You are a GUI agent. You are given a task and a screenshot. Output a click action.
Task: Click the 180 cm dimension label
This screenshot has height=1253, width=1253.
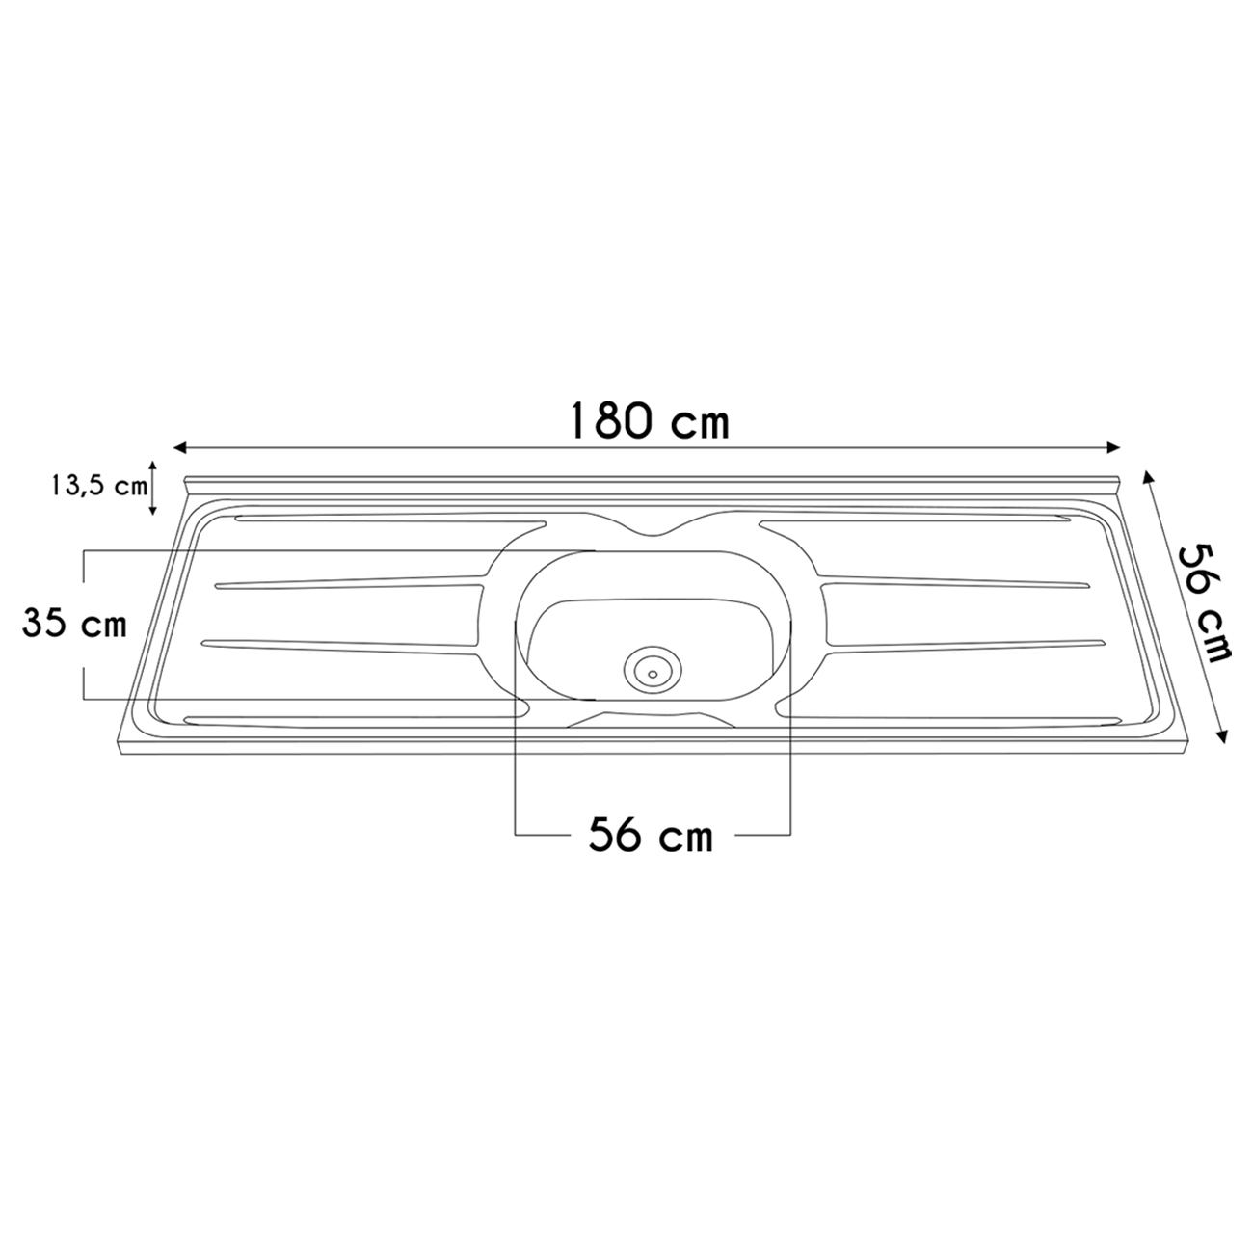click(649, 420)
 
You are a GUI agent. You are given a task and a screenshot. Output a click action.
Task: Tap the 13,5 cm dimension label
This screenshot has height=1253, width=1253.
click(100, 486)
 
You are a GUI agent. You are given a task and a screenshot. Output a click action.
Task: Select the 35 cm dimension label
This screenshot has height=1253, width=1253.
click(74, 624)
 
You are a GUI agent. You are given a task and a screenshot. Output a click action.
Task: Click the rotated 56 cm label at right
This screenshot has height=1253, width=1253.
click(1205, 602)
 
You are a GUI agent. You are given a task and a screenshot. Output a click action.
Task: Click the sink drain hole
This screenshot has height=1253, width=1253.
click(653, 674)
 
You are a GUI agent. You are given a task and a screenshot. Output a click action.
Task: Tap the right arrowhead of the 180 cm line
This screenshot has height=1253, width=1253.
click(1112, 447)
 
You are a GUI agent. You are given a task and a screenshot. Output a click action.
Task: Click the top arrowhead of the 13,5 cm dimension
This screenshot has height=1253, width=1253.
click(153, 466)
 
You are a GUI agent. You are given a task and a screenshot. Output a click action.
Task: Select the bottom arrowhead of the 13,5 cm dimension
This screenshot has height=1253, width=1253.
click(153, 510)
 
